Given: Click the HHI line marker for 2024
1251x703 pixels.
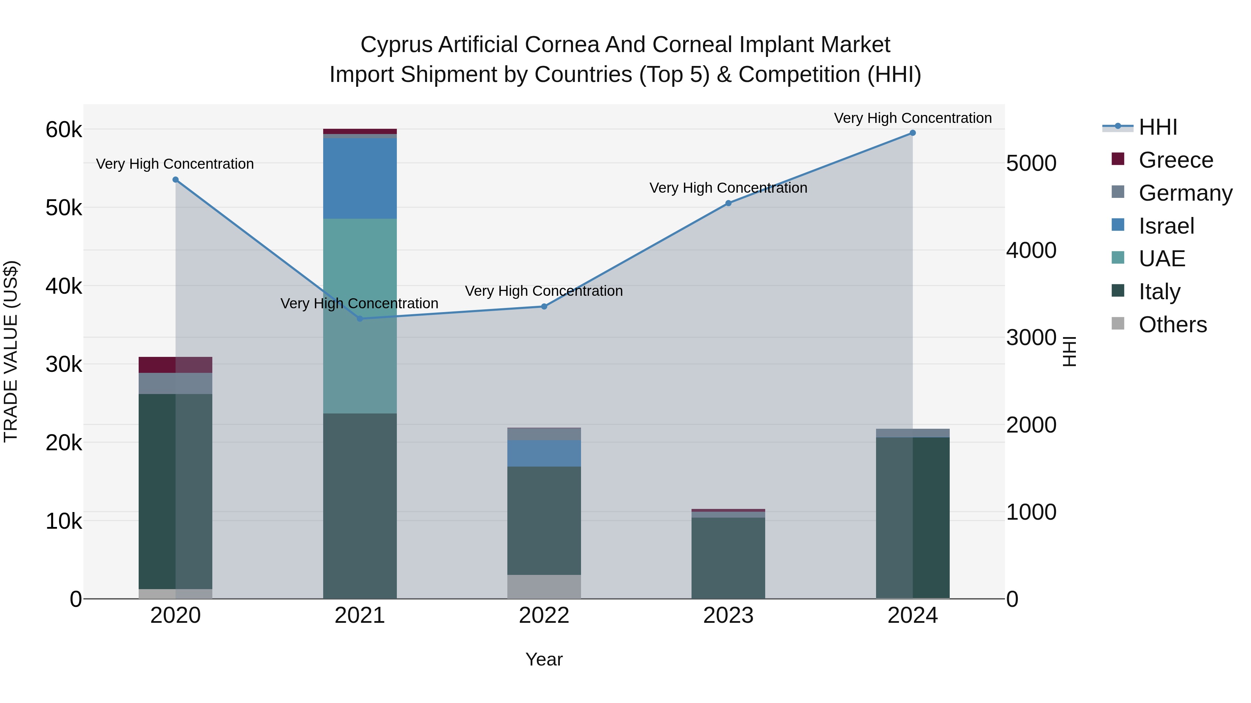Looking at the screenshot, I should pos(913,133).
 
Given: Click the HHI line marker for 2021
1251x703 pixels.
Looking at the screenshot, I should pos(360,319).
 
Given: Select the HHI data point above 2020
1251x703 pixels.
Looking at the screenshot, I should pos(176,180).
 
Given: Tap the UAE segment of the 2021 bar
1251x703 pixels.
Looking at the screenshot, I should pos(360,315).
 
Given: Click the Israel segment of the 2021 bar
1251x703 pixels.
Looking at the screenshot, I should pos(360,178).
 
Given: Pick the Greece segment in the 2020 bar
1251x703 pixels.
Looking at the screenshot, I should pos(175,365).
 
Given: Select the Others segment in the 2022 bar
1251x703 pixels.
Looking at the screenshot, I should pos(544,587).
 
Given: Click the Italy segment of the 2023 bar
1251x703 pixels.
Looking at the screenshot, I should pos(728,558).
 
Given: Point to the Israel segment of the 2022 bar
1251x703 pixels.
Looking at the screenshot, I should pos(544,453).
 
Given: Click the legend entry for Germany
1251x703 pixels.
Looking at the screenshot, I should pos(1185,193).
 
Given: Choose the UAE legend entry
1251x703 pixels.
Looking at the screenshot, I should pos(1162,259).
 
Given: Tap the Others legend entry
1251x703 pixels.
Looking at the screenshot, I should pos(1172,325).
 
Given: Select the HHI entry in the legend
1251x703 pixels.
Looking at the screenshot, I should pos(1158,127).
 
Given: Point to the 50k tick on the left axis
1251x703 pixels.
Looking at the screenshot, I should pos(64,208).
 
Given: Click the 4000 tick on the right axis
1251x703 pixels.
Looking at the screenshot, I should pos(1031,250).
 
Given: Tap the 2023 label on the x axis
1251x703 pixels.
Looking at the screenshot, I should pos(728,616).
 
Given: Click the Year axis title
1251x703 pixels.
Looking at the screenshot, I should pos(544,659).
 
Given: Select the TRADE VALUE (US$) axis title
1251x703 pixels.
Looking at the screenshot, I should pos(11,351).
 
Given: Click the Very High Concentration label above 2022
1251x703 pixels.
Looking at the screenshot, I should pos(544,291).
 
